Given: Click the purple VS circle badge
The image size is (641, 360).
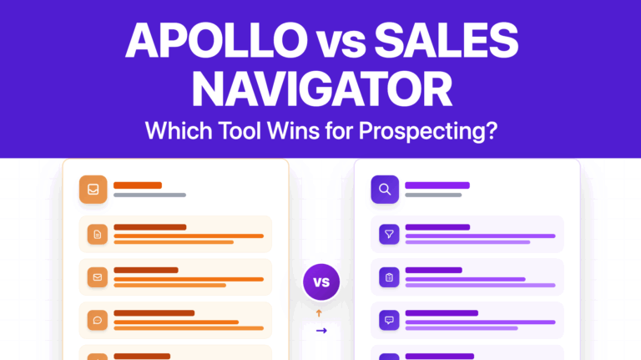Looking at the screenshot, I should pos(321,281).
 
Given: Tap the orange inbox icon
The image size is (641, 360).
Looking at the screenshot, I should pos(93,190).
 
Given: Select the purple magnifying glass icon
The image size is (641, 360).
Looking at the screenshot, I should pos(385,190).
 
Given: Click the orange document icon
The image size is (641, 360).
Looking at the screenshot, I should pos(98,235).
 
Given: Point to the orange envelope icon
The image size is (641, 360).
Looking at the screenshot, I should pos(98,277).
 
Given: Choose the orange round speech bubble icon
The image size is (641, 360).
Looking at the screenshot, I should pos(98,320).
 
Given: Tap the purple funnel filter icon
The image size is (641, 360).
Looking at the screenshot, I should pos(390,235).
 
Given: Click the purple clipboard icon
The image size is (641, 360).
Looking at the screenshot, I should pos(390,277).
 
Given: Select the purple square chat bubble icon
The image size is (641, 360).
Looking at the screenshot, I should pos(390,320).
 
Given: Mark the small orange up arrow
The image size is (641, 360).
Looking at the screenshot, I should pos(320,313).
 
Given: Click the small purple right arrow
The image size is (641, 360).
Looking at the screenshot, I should pos(321,331).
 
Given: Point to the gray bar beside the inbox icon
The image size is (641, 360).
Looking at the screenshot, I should pos(149,195).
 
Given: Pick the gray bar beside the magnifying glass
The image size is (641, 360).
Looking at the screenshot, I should pos(433,195).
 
